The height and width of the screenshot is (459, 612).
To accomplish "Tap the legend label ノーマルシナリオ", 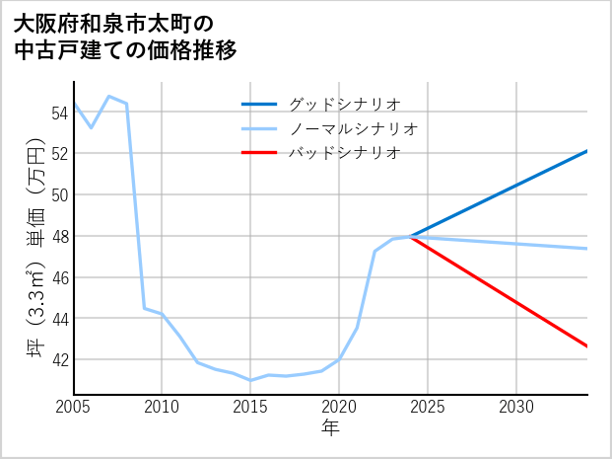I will tap(353, 128).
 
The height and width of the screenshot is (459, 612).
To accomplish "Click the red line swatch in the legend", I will tap(260, 153).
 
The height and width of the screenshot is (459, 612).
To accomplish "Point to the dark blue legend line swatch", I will tap(260, 104).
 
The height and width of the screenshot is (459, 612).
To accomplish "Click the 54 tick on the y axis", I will tap(58, 113).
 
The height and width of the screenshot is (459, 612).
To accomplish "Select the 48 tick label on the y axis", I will tap(58, 236).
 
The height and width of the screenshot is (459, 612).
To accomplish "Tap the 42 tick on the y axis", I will tap(58, 359).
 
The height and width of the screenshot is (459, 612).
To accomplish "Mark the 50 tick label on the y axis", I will tap(58, 194).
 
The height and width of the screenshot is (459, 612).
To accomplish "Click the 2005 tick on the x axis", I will tap(73, 407).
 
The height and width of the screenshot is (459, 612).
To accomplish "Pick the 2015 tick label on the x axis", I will tap(250, 407).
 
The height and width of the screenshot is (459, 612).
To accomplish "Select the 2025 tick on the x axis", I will tap(428, 407).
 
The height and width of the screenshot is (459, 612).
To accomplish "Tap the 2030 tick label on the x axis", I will tap(516, 407).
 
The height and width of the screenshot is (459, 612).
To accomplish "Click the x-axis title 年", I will tap(330, 427).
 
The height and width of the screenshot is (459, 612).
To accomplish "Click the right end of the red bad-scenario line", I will tap(586, 345).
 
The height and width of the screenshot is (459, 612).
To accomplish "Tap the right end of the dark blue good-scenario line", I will tap(586, 151).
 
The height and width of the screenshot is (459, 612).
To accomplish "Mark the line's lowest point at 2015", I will tap(250, 380).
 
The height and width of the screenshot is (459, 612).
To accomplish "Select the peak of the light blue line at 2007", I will tap(108, 96).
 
